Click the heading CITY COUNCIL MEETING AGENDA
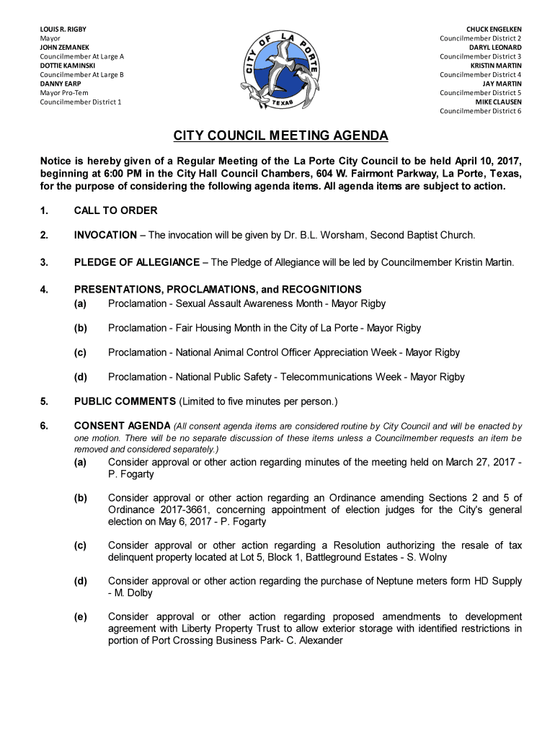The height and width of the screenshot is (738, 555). point(280,135)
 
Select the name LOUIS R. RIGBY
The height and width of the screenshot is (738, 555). point(63,29)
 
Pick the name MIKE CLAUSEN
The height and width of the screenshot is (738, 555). point(498,102)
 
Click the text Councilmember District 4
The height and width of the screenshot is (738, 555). point(481,75)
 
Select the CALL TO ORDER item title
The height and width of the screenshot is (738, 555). point(115,211)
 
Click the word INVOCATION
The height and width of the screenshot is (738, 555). point(105,235)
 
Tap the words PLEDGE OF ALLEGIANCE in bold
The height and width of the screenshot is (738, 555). point(137,262)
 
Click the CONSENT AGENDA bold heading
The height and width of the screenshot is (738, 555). point(122,426)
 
